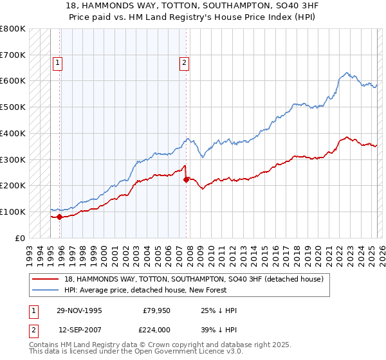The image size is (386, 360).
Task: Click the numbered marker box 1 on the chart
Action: pos(58,63)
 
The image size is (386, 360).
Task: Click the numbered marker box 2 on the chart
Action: pos(184,63)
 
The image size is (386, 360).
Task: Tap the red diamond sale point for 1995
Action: pos(60,217)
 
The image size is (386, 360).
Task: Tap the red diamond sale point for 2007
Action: pos(186,179)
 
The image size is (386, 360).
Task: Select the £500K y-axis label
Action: pos(13,107)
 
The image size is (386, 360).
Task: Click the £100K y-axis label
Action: pos(13,212)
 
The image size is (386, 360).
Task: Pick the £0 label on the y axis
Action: pos(20,238)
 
